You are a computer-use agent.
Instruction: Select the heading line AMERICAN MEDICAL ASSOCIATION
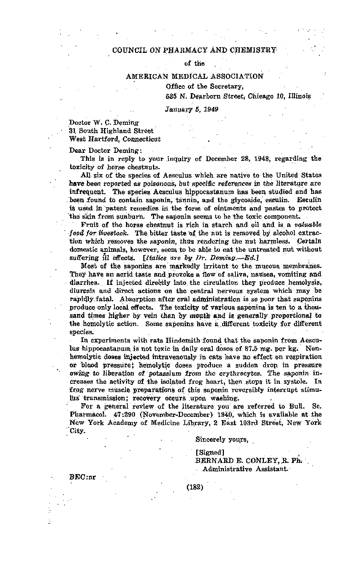pos(194,76)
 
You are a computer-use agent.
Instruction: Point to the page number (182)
pos(195,487)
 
